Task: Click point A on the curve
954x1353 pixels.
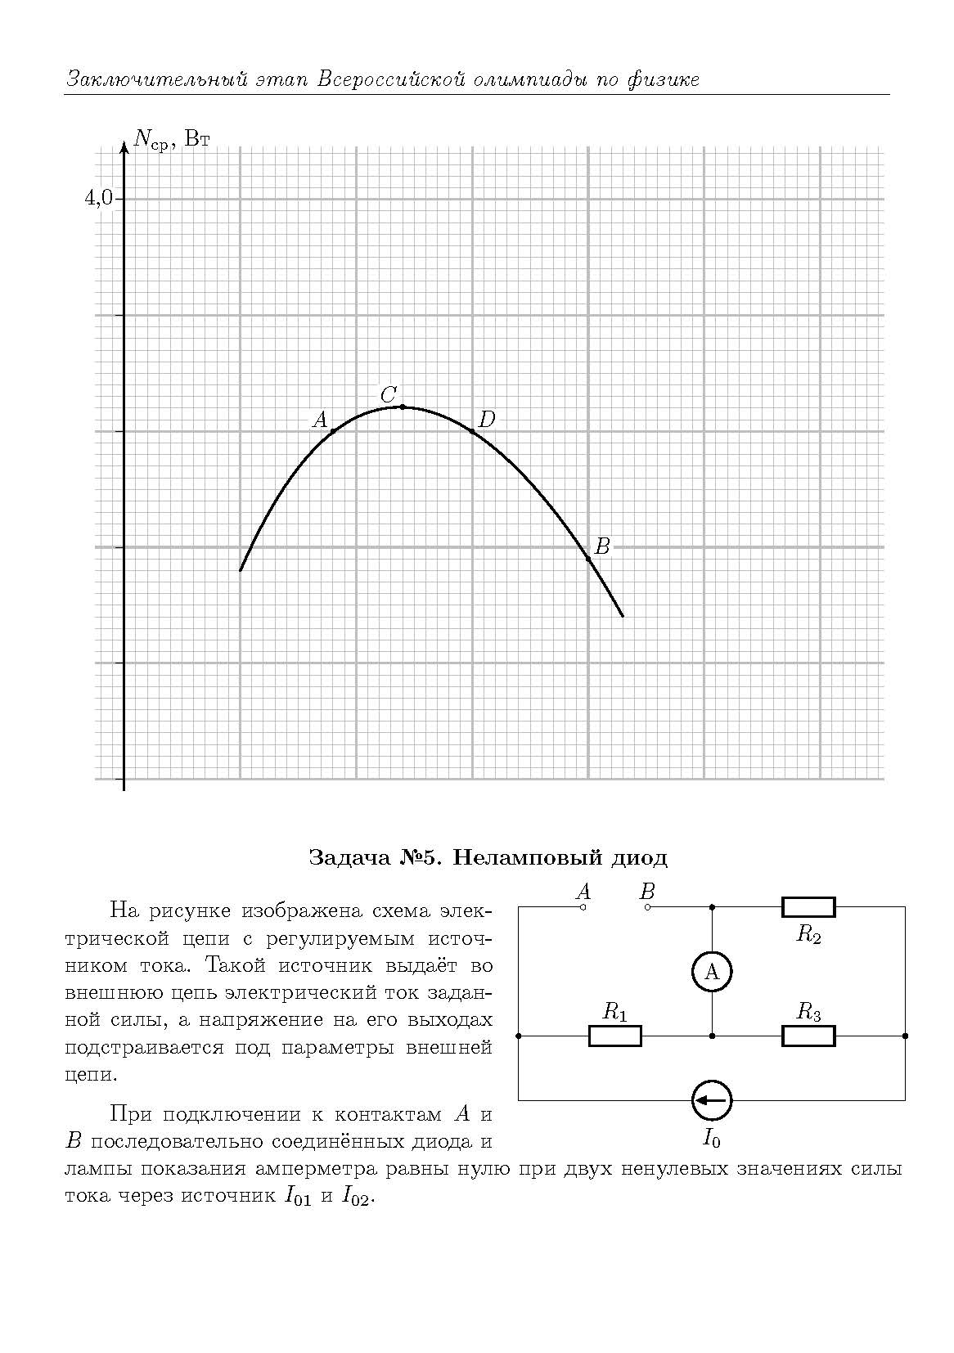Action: [333, 431]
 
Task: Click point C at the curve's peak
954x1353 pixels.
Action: [402, 407]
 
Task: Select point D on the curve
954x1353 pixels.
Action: [472, 431]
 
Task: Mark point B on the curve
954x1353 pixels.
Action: [588, 558]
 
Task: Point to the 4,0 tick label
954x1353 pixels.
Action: [99, 197]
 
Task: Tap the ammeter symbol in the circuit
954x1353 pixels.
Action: [712, 972]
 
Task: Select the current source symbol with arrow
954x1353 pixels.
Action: [712, 1100]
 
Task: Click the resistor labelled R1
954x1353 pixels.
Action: [615, 1036]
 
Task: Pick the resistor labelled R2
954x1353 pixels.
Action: [808, 906]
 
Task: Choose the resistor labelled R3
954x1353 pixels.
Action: [808, 1036]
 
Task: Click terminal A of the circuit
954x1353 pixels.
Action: [583, 906]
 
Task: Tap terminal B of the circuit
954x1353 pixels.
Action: [648, 906]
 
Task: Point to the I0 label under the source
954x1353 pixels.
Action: [712, 1137]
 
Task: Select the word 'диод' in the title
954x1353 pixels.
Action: [639, 857]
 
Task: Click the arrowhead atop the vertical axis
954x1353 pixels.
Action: [124, 147]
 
